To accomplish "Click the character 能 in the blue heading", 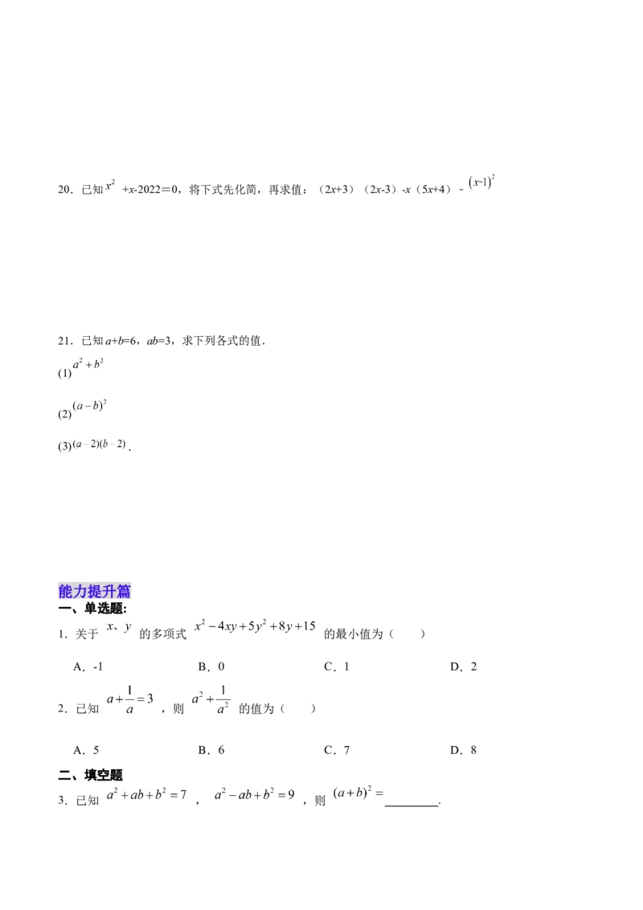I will [x=66, y=592].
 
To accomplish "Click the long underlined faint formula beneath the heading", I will [x=252, y=627].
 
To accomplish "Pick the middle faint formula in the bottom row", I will [x=257, y=794].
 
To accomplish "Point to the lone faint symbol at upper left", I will [x=109, y=186].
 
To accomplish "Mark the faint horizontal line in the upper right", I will [x=563, y=175].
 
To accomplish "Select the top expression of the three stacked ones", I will [x=88, y=365].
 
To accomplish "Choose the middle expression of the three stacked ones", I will [x=88, y=406].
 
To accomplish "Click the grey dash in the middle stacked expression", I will [x=88, y=407].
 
